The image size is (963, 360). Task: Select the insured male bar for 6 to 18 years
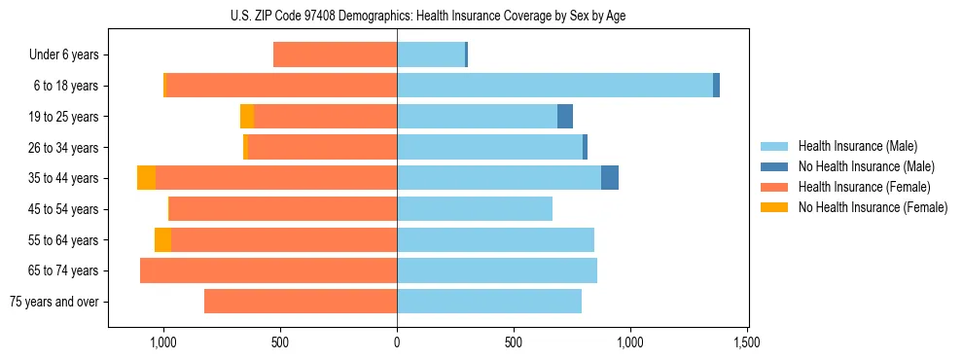(554, 86)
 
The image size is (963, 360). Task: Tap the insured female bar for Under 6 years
(335, 54)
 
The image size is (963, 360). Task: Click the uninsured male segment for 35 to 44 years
(610, 178)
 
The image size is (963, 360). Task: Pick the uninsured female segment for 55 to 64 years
(162, 239)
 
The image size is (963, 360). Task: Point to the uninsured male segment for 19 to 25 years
(565, 117)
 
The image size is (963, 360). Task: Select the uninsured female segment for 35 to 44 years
(146, 178)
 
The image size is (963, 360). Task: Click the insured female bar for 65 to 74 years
(268, 270)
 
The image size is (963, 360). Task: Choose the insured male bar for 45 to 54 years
(475, 209)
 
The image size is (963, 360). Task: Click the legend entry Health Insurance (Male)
(852, 146)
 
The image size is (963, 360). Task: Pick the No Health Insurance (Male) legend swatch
(774, 166)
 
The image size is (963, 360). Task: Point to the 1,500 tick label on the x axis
(747, 342)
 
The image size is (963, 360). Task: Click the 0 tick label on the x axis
(397, 342)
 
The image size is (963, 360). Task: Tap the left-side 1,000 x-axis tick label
(162, 342)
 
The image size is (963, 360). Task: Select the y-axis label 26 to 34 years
(63, 148)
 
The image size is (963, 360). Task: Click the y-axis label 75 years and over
(54, 302)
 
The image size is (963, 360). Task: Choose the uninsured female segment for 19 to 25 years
(247, 117)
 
